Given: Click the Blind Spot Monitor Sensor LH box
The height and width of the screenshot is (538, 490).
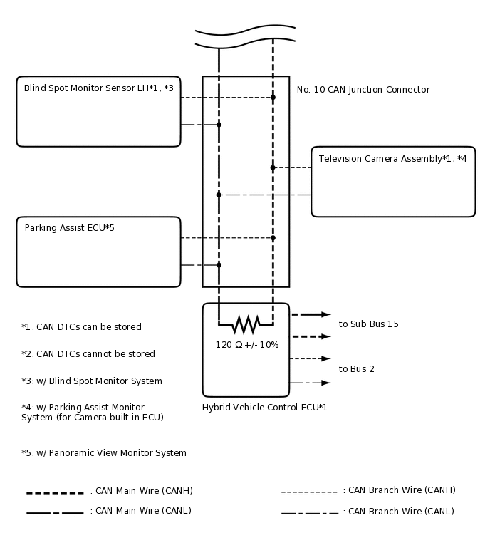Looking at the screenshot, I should [x=98, y=111].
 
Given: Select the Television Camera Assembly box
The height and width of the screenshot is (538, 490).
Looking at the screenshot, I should [x=393, y=181].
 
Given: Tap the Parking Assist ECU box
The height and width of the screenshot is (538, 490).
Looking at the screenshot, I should [x=98, y=252].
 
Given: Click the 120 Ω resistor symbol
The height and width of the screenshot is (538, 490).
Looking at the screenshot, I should [x=246, y=325].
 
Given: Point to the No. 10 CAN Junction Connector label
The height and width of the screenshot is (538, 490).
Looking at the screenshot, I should [x=363, y=90].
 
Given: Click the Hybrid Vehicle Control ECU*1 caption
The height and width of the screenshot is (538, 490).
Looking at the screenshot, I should [x=265, y=408].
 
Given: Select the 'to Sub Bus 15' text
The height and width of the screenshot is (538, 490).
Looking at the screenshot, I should [x=368, y=324].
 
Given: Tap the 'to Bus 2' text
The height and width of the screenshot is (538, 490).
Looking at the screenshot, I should [x=357, y=369].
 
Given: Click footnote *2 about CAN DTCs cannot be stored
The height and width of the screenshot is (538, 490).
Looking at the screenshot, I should [x=88, y=354].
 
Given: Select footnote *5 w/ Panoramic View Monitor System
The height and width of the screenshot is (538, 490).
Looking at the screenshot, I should [x=104, y=453].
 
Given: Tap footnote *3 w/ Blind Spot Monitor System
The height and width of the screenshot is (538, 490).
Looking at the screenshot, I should [x=92, y=381].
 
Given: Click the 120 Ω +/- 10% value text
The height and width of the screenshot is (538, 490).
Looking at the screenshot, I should [x=247, y=345].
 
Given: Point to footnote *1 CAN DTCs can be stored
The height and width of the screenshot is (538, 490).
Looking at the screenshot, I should [x=81, y=327].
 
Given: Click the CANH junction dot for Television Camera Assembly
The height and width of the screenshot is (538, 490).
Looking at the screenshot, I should [x=273, y=167].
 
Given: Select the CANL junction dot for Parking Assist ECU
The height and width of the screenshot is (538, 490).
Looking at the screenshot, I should [x=219, y=265].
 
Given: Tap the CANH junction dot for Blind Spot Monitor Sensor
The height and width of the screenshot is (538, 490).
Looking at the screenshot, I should [x=273, y=97].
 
